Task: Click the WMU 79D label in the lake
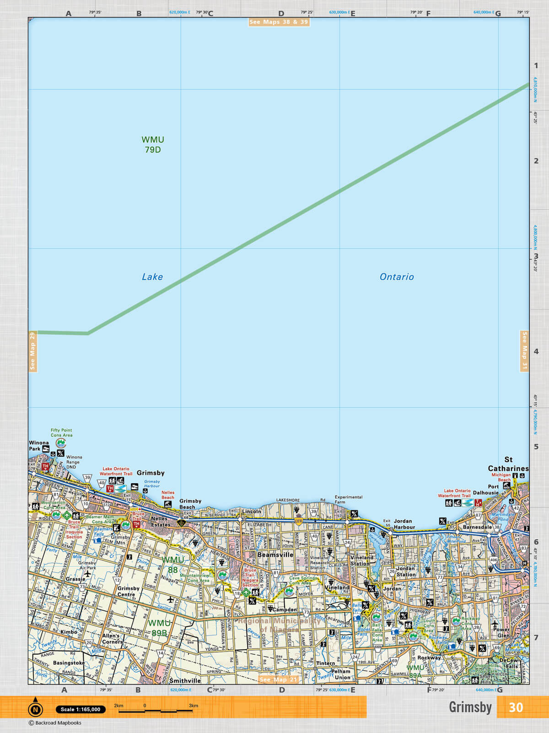tap(152, 144)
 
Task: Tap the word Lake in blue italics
tap(152, 277)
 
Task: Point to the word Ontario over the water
tap(397, 277)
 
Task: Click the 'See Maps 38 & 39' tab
tap(279, 22)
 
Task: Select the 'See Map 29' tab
tap(32, 351)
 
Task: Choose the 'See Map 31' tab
tap(524, 351)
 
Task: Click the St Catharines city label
tap(508, 464)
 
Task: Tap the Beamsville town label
tap(275, 554)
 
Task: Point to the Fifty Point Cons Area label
tap(61, 432)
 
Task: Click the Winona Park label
tap(38, 446)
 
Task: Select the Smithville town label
tap(185, 681)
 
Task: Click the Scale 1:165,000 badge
tap(81, 709)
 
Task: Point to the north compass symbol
tap(35, 709)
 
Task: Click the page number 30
tap(516, 707)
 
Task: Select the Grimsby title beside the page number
tap(470, 707)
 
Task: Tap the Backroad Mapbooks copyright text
tap(55, 723)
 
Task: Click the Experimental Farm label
tap(348, 499)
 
